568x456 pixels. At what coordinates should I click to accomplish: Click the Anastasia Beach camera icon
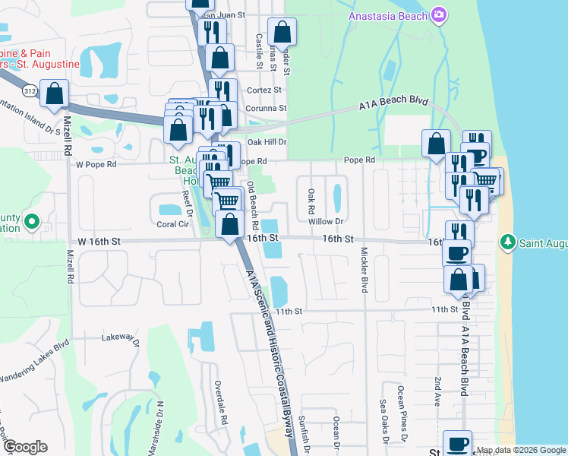tap(438, 16)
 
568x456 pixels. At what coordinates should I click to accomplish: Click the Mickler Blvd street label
tap(364, 270)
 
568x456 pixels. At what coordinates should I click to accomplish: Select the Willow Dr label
tap(327, 221)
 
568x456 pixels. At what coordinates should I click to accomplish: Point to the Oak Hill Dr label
tap(267, 141)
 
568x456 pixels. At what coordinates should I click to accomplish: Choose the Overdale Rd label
tap(221, 401)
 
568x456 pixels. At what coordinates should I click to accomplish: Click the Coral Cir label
tap(172, 224)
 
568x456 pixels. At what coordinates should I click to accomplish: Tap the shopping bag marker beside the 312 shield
tap(55, 95)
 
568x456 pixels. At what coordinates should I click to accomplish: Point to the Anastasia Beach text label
tap(387, 16)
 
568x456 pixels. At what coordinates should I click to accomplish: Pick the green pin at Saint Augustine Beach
tap(508, 242)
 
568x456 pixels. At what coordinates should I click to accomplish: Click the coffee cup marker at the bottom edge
tap(457, 443)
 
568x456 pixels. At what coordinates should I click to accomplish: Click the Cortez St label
tap(264, 90)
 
